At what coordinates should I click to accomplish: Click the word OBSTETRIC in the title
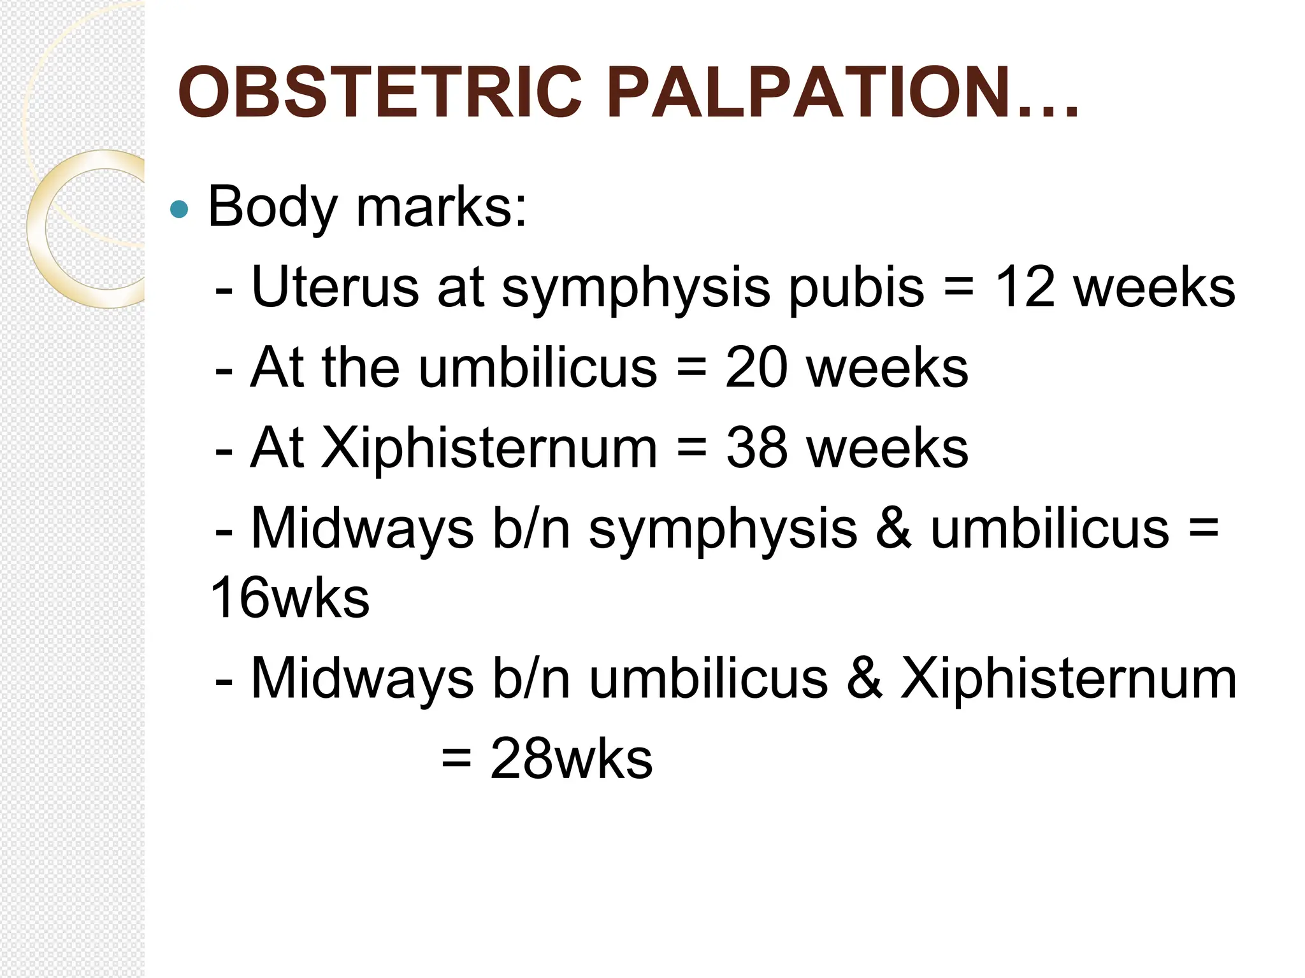pos(380,93)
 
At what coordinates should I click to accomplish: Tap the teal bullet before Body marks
pos(180,209)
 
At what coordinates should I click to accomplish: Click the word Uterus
pos(335,287)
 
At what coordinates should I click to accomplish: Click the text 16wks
pos(290,598)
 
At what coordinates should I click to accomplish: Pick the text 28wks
pos(571,759)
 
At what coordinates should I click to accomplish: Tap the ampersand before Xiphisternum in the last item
pos(865,679)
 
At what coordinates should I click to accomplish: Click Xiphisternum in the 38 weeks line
pos(489,448)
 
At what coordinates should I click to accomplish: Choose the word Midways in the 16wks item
pos(363,529)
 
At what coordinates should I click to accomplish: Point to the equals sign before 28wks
pos(456,759)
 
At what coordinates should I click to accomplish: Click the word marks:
pos(442,207)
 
